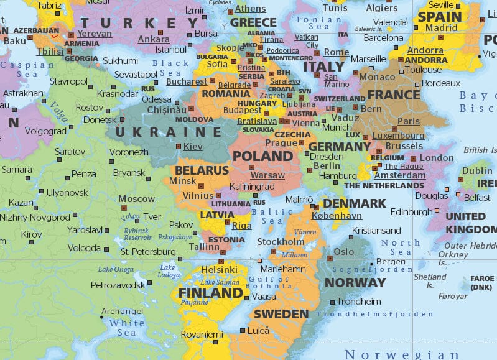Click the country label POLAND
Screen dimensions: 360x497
(262, 156)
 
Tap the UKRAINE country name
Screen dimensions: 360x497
(168, 132)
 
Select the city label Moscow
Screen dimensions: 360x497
(136, 199)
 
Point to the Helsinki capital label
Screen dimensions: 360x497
(219, 270)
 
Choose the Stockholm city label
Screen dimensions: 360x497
(281, 242)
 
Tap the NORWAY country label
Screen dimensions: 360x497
(355, 282)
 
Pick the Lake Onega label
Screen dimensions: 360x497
(116, 269)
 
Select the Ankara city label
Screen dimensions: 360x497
(153, 39)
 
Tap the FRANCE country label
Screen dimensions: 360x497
(394, 95)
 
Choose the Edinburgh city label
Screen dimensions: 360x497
(411, 212)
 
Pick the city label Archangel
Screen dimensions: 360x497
(122, 312)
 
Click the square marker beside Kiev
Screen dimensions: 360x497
(179, 146)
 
